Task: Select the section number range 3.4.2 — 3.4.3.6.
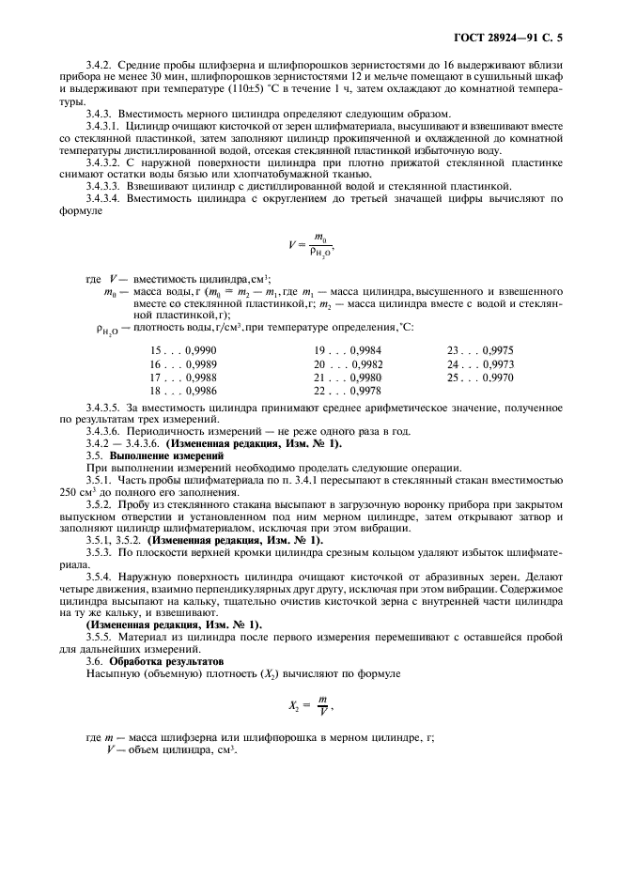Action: click(x=124, y=442)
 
